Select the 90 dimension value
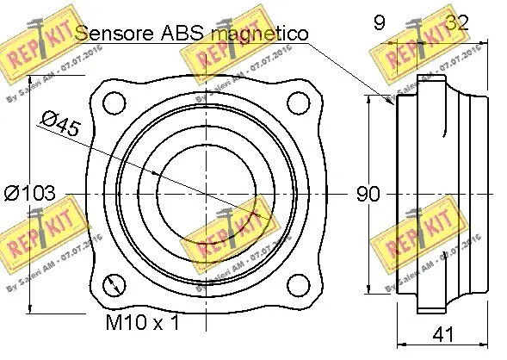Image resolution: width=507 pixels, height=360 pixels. coord(368,195)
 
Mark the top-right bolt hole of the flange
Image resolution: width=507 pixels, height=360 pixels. coord(298,102)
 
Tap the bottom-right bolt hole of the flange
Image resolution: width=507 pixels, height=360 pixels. coord(298,285)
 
